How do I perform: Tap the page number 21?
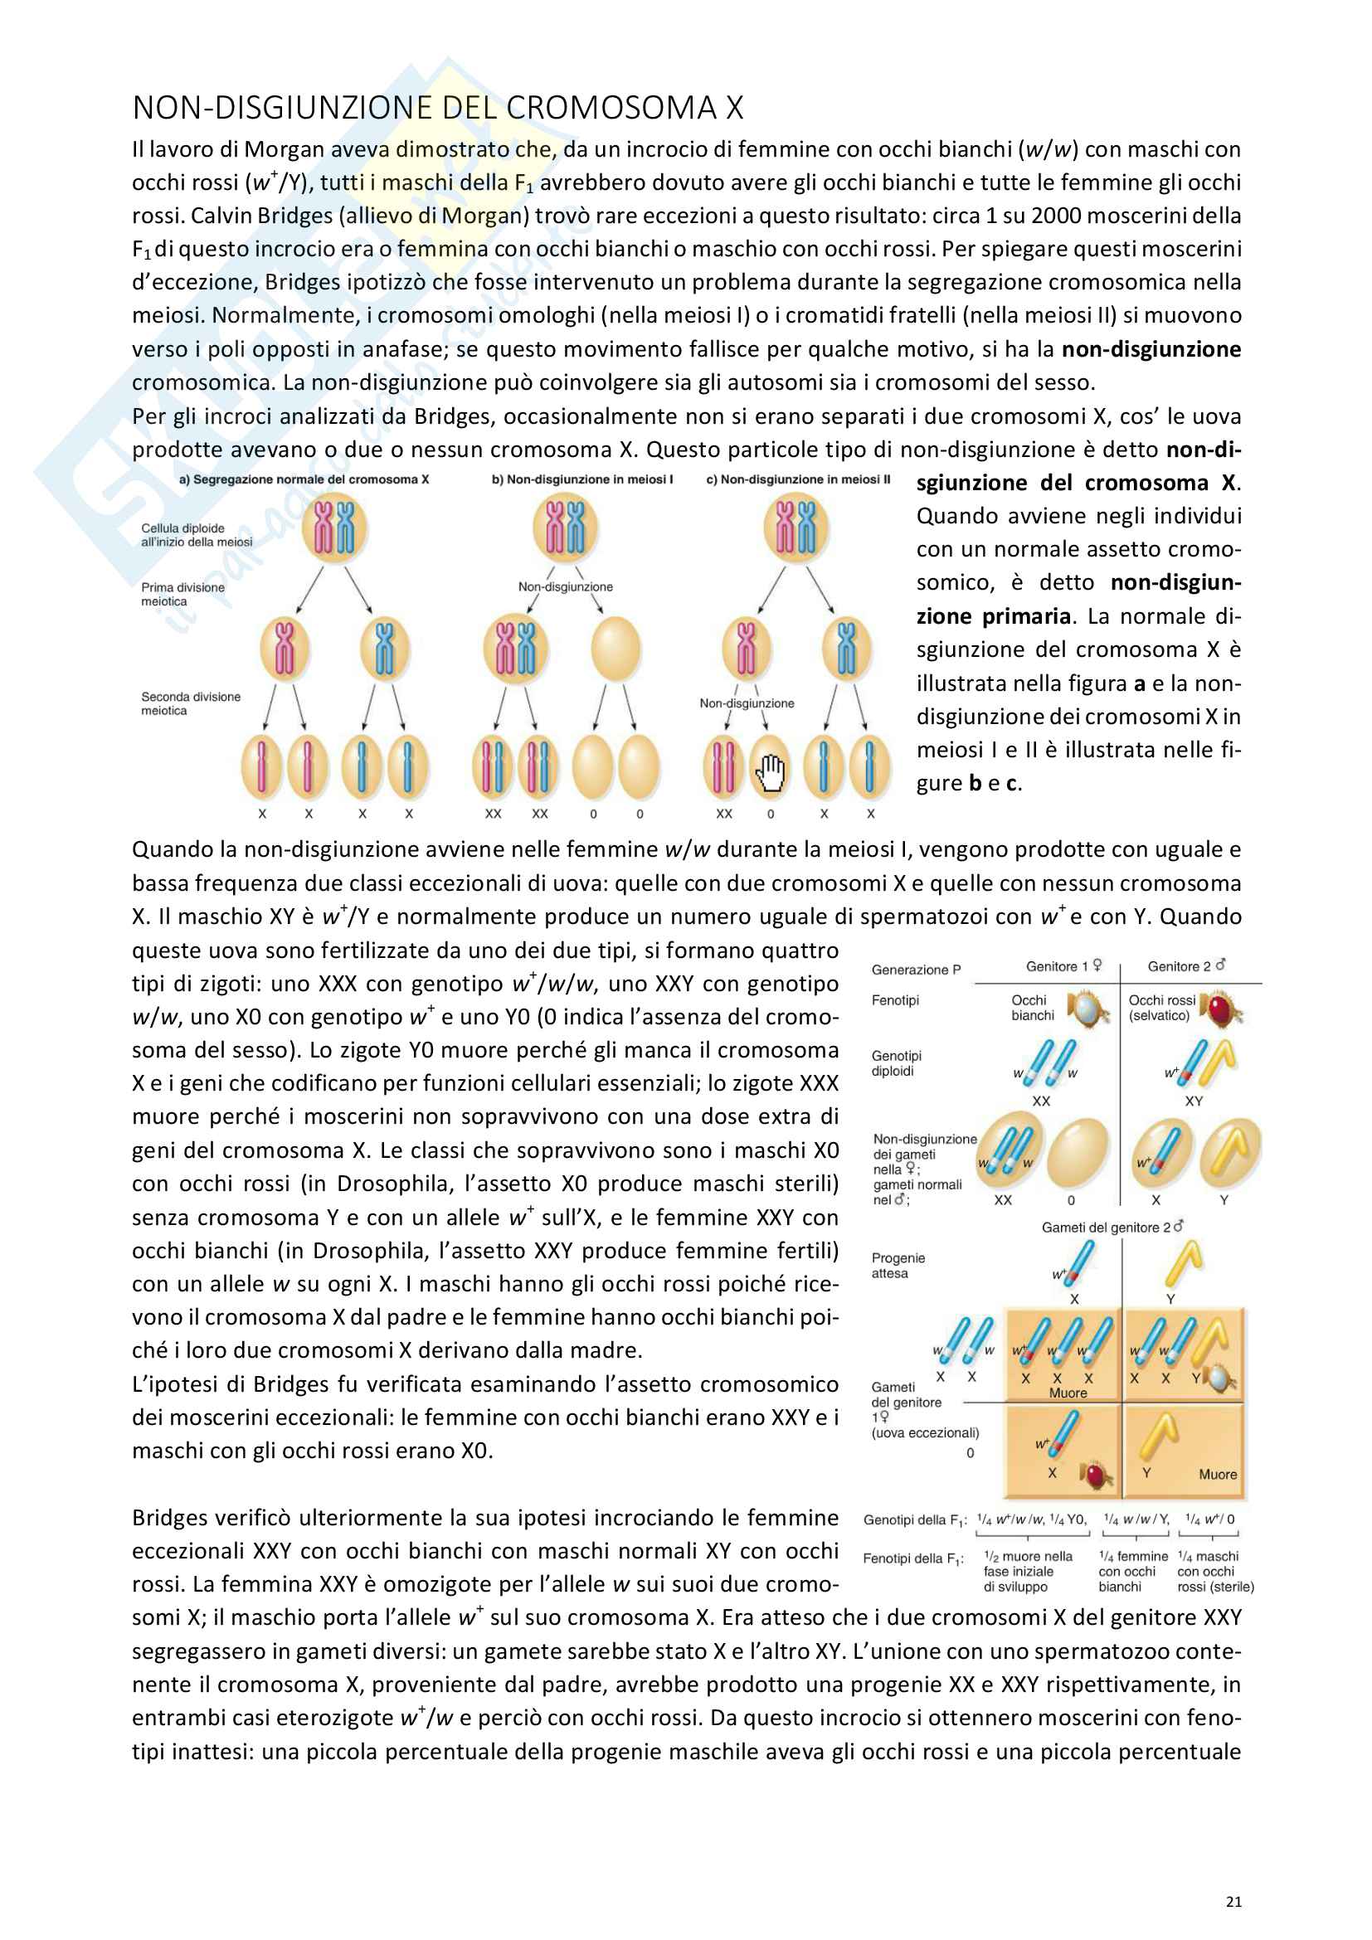[1233, 1901]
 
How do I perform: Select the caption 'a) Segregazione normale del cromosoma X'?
[304, 479]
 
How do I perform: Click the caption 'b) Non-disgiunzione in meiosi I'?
[582, 479]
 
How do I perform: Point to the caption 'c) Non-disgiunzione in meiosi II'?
[797, 479]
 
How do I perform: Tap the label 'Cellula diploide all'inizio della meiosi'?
[196, 535]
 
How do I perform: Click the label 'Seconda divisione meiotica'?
[190, 703]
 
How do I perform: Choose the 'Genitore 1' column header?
[1063, 965]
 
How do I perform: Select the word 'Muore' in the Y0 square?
[1218, 1474]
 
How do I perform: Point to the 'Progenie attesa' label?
[898, 1265]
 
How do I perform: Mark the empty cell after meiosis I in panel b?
[615, 648]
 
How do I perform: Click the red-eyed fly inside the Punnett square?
[1097, 1475]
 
